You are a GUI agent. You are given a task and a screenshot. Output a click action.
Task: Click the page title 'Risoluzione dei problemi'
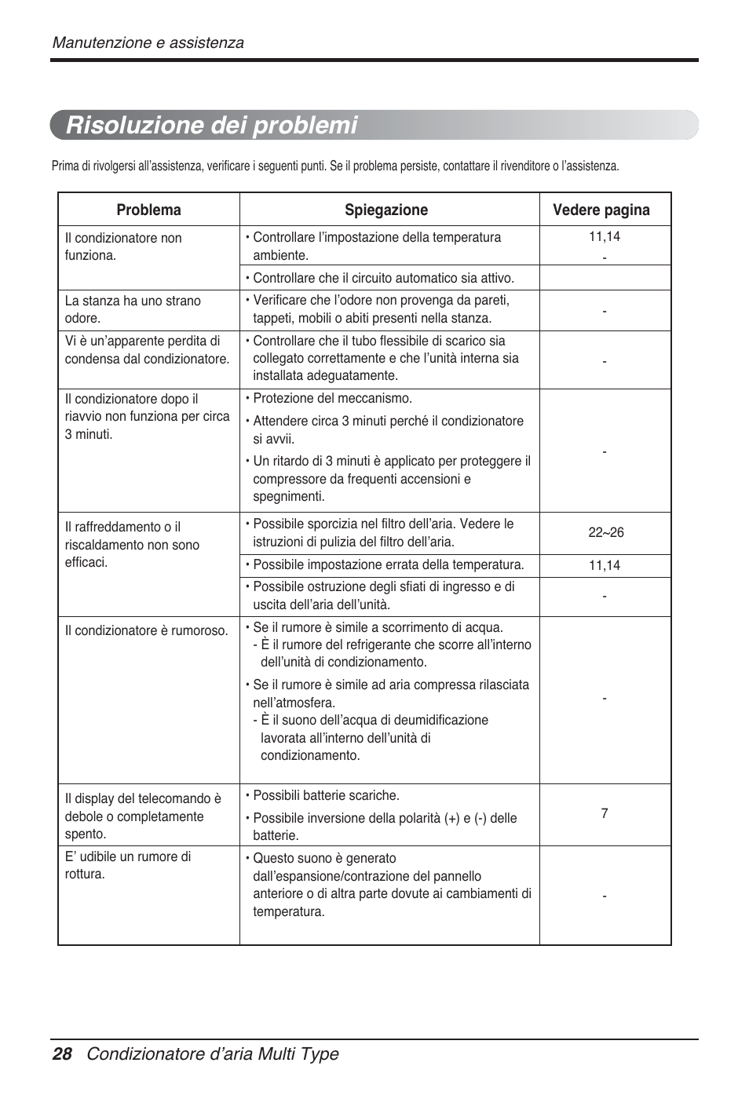coord(212,126)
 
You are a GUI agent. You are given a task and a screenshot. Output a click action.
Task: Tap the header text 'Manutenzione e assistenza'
coord(148,43)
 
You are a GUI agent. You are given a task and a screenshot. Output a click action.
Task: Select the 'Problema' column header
coord(148,210)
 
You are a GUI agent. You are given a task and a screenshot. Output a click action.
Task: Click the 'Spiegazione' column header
coord(386,210)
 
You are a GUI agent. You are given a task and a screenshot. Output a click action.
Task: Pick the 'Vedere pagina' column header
coord(601,210)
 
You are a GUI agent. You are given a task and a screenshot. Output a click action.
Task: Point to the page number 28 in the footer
coord(62,1054)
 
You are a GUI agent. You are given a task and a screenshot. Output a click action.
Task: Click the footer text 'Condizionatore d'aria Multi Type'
coord(213,1054)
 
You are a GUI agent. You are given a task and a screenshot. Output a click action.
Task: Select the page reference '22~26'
coord(605,533)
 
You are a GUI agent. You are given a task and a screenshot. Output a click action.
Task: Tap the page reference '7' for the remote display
coord(605,814)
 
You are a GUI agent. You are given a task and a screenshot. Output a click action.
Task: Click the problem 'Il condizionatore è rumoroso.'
coord(147,631)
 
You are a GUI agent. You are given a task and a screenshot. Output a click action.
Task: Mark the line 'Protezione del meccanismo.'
coord(332,399)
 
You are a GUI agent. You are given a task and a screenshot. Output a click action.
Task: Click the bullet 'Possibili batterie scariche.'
coord(326,796)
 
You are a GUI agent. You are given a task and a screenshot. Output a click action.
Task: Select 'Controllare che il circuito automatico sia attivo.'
coord(383,279)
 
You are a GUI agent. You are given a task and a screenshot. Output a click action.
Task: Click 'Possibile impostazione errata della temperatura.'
coord(388,565)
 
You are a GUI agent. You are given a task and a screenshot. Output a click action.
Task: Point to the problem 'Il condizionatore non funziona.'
coord(123,247)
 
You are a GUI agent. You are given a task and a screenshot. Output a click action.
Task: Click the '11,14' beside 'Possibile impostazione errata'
coord(605,566)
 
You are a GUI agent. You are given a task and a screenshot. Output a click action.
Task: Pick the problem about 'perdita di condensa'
coord(147,350)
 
